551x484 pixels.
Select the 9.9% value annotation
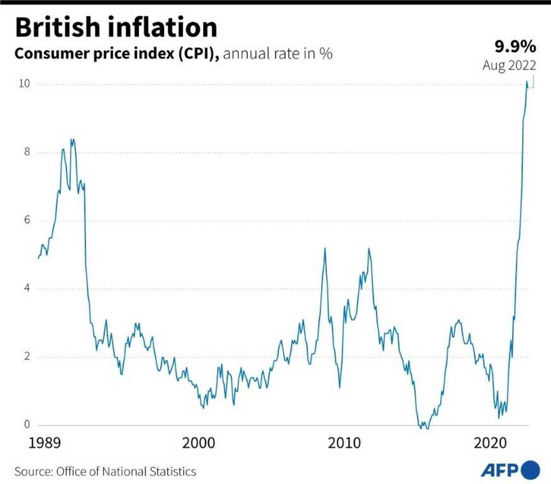pyautogui.click(x=515, y=47)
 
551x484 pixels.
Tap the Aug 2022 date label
pyautogui.click(x=509, y=65)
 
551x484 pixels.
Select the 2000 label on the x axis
pyautogui.click(x=198, y=442)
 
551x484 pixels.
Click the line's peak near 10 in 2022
pyautogui.click(x=527, y=82)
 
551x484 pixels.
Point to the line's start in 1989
pyautogui.click(x=38, y=258)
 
